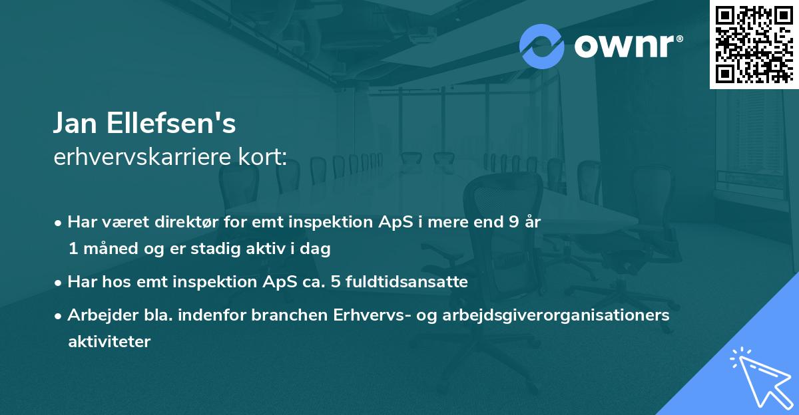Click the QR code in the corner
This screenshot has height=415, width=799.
[754, 44]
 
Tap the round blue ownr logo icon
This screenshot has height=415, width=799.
[541, 47]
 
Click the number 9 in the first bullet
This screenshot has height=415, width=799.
[512, 222]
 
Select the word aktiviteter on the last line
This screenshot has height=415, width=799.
[109, 342]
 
